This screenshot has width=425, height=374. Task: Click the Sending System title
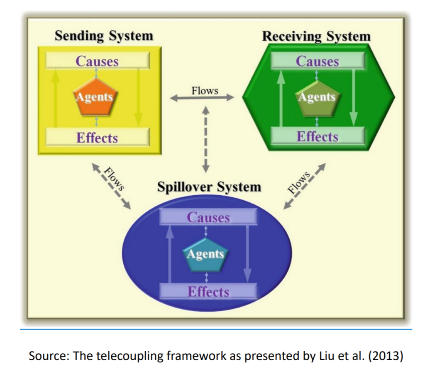click(x=104, y=36)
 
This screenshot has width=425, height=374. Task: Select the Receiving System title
click(x=316, y=36)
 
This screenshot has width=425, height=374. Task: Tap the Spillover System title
click(x=209, y=187)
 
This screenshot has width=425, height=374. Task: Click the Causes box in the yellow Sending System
click(x=97, y=61)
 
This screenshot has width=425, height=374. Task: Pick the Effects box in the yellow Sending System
click(x=97, y=137)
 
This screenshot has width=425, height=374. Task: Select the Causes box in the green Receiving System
click(x=318, y=61)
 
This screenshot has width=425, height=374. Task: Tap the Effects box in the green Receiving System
click(x=318, y=136)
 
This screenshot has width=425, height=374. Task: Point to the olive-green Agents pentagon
click(x=316, y=97)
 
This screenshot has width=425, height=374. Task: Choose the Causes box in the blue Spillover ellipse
click(x=208, y=217)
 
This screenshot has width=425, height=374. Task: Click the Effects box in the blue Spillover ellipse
click(x=208, y=291)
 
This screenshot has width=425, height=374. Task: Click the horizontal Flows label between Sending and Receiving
click(x=205, y=90)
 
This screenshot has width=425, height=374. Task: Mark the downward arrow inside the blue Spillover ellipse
click(x=247, y=253)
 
